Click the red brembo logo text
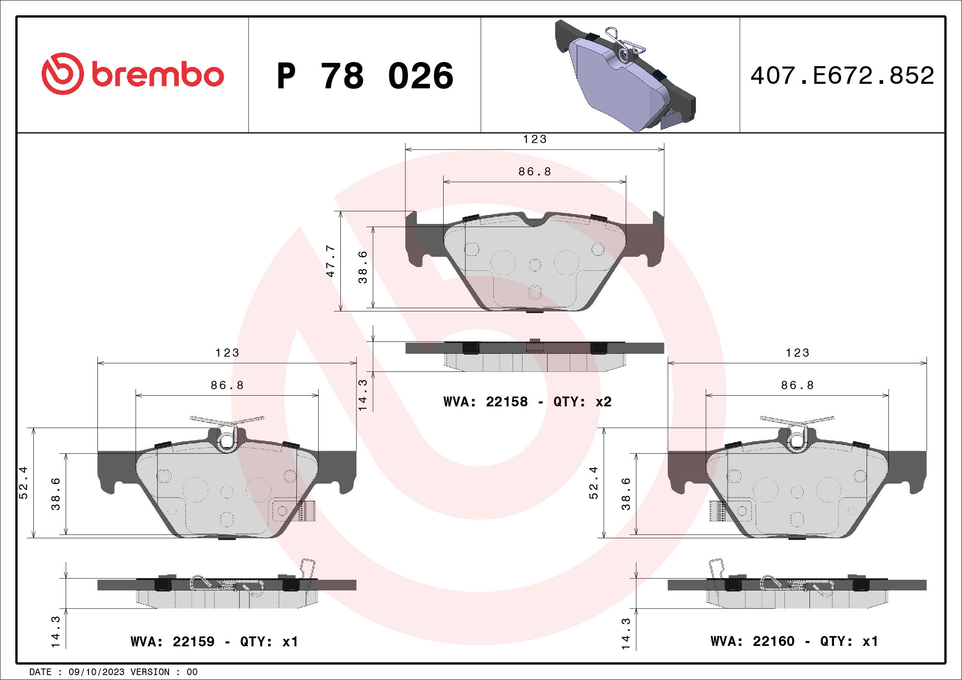point(157,75)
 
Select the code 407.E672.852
point(842,76)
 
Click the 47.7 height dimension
point(331,261)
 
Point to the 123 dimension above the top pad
point(534,139)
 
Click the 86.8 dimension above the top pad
point(534,172)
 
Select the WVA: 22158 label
point(485,402)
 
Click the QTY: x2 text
point(583,402)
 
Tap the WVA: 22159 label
point(172,641)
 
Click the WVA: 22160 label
point(752,641)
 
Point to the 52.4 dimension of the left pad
point(23,483)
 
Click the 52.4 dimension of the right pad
point(593,483)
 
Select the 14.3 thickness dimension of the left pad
point(55,632)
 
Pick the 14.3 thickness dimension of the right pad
point(626,633)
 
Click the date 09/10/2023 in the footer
point(96,672)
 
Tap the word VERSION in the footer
point(150,672)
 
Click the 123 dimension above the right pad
point(797,353)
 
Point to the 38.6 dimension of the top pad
point(363,267)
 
